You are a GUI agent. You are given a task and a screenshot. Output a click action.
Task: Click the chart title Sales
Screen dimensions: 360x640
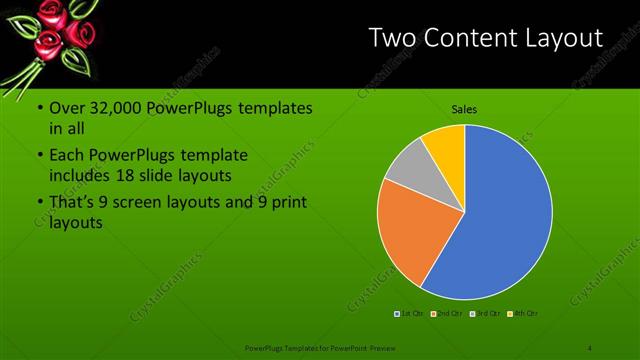[464, 109]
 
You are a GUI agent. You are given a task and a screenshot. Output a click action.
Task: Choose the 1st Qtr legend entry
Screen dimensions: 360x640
[412, 314]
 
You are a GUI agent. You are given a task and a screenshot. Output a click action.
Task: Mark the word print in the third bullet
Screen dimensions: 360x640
[287, 204]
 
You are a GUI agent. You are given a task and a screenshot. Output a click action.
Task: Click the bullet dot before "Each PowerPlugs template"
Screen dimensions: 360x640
[39, 157]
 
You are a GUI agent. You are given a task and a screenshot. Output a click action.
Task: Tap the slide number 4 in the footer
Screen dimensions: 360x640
[589, 347]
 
